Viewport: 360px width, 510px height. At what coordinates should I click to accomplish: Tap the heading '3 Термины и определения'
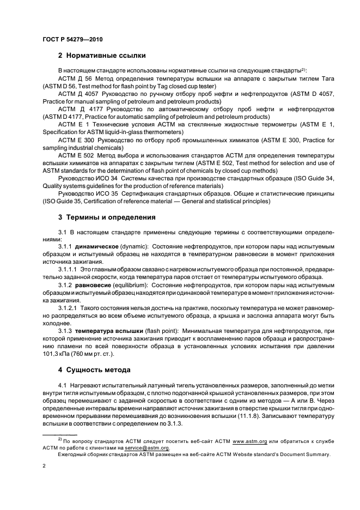point(107,217)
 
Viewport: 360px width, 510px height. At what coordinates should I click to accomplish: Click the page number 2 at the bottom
point(44,466)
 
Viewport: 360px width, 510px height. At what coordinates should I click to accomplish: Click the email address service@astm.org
point(147,447)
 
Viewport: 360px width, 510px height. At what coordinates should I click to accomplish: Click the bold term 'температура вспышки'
point(109,330)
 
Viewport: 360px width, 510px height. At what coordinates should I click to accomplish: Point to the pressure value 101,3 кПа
point(56,353)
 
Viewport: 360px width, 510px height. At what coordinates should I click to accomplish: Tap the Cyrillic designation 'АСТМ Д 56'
point(74,78)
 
